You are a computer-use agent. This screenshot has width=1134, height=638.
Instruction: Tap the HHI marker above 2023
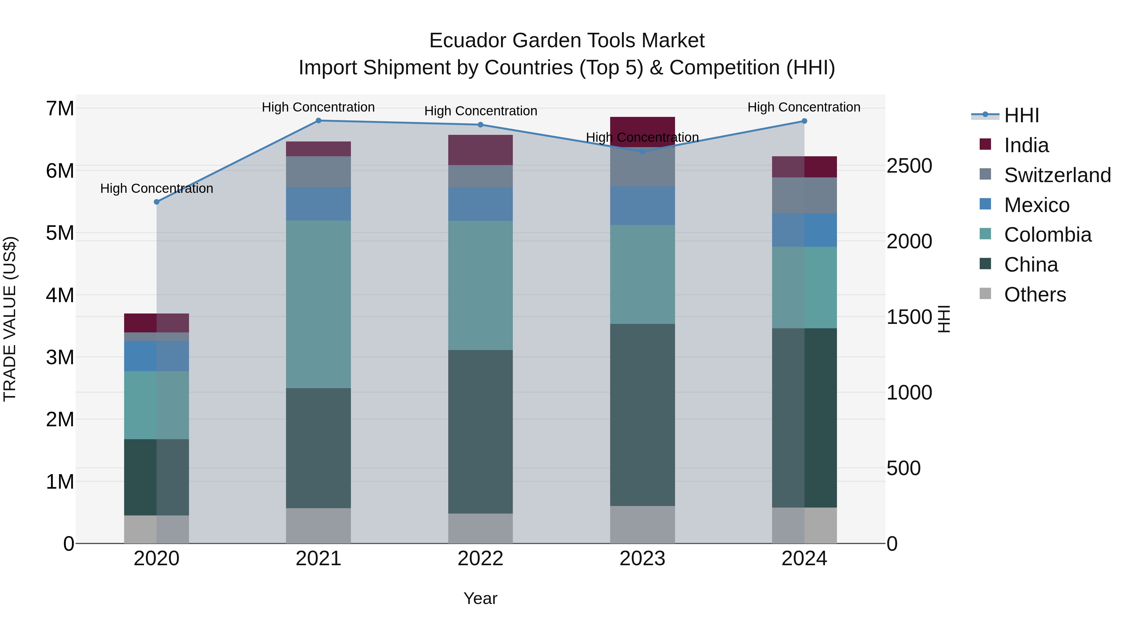[x=642, y=152]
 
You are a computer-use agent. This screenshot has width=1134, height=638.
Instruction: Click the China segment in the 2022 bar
[x=480, y=432]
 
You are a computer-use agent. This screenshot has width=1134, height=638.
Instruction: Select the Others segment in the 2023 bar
[x=642, y=524]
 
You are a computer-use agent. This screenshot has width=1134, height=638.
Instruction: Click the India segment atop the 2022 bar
[x=480, y=150]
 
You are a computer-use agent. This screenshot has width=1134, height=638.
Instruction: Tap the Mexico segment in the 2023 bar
[x=642, y=206]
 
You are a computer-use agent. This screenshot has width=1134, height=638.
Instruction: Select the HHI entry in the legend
[x=1021, y=115]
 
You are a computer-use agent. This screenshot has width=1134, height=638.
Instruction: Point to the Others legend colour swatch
[x=985, y=294]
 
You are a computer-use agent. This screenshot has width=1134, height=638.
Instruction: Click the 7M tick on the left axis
[x=60, y=109]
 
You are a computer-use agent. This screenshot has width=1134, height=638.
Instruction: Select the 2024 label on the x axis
[x=804, y=559]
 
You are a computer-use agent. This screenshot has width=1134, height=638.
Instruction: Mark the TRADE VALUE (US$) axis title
[x=10, y=319]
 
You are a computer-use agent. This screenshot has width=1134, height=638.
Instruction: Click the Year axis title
[x=480, y=598]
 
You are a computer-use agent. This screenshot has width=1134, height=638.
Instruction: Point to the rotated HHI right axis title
[x=944, y=319]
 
